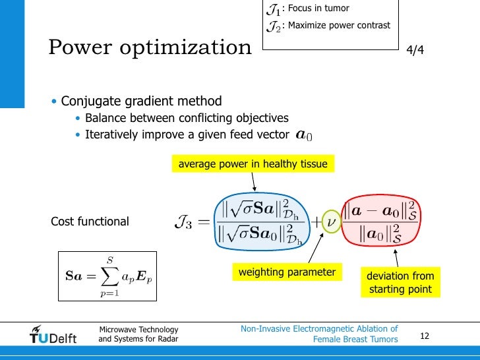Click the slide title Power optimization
click(x=150, y=47)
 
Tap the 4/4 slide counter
click(x=415, y=50)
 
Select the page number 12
click(x=425, y=336)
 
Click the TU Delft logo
click(x=53, y=335)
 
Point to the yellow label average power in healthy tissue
click(x=253, y=164)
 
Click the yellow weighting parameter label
click(x=287, y=272)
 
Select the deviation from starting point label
click(x=400, y=282)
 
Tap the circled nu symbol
click(x=332, y=222)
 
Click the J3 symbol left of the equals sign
click(x=185, y=222)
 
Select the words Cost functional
click(x=90, y=222)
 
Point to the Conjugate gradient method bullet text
click(x=141, y=102)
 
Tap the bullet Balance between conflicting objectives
click(x=187, y=119)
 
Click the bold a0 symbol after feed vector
click(x=304, y=136)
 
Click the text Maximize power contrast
click(x=338, y=26)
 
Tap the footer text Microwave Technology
click(x=138, y=330)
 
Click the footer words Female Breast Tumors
click(x=355, y=339)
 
